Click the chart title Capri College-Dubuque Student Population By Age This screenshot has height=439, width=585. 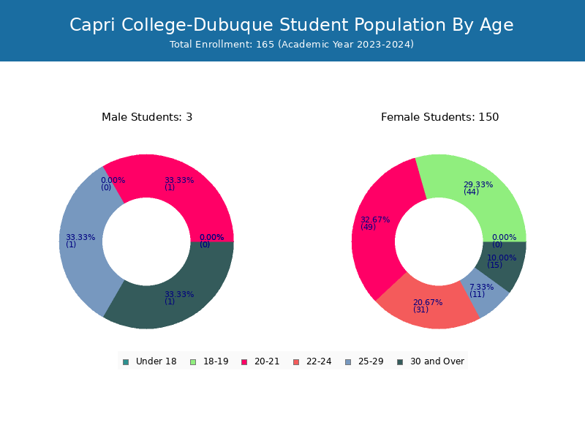(291, 25)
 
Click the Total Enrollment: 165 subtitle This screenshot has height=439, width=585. (291, 45)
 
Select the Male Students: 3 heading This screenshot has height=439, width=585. (147, 117)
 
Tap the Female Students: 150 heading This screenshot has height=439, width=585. (439, 117)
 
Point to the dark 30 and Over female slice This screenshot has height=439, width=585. (504, 265)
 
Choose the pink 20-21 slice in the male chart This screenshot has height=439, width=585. (175, 187)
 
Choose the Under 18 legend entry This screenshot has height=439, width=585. (150, 361)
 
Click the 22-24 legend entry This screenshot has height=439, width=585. (312, 361)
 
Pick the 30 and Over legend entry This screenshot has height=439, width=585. (431, 361)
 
